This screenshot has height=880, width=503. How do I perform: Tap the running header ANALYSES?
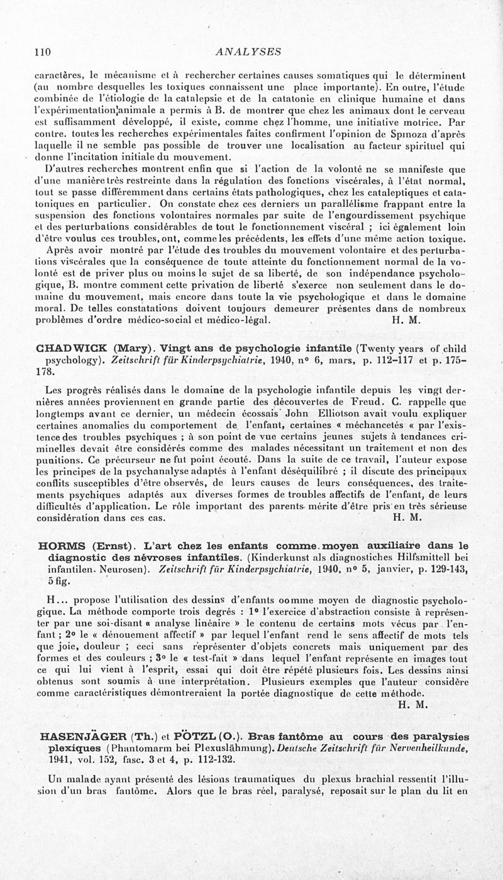248,52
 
